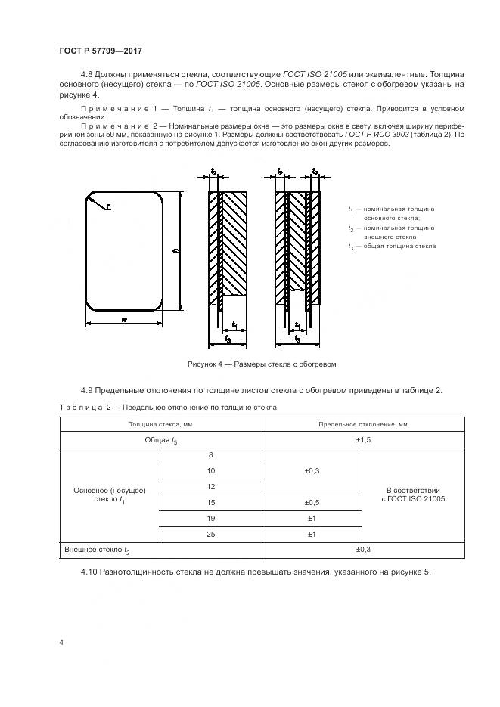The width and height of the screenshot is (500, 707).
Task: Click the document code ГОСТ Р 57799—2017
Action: point(101,50)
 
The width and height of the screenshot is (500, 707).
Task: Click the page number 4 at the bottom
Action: point(61,642)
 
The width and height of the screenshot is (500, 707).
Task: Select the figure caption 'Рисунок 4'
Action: point(261,364)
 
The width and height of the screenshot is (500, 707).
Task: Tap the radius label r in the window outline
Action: point(108,205)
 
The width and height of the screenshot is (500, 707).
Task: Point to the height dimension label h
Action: point(175,252)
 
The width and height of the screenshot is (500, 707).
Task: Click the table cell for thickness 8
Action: point(210,455)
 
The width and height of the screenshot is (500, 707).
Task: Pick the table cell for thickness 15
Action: point(210,502)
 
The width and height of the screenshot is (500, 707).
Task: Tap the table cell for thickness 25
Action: point(210,534)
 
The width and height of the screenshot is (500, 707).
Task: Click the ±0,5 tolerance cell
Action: point(312,502)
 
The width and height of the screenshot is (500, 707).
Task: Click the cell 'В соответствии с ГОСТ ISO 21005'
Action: point(412,495)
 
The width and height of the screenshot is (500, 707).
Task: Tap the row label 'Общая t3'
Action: point(160,439)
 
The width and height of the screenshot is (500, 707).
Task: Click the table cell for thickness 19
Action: point(210,518)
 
